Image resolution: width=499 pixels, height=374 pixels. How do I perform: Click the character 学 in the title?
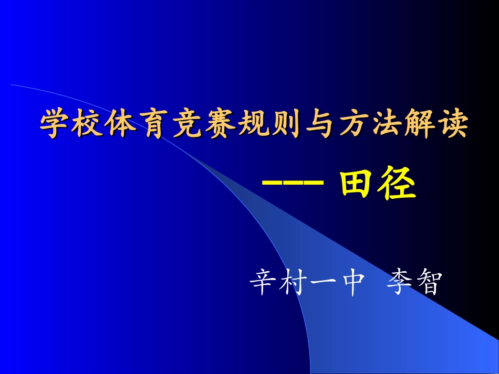pos(56,124)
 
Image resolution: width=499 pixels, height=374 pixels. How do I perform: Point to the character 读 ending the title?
pos(452,124)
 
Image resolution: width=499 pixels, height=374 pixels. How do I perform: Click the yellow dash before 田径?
pos(292,184)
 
